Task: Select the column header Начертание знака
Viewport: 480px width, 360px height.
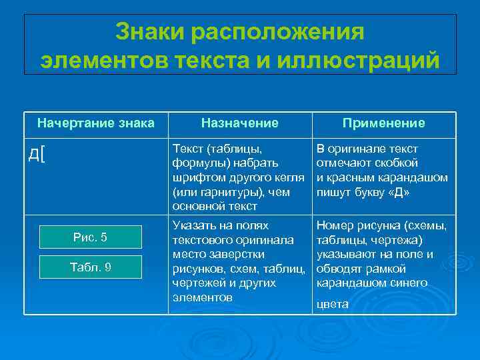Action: tap(96, 123)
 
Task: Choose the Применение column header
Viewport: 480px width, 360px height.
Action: tap(384, 123)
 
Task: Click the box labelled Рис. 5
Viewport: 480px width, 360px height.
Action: tap(90, 237)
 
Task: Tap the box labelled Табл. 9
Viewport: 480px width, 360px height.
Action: tap(90, 267)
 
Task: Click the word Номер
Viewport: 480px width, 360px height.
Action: tap(335, 225)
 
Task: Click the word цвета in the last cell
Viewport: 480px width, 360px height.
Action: tap(333, 304)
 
